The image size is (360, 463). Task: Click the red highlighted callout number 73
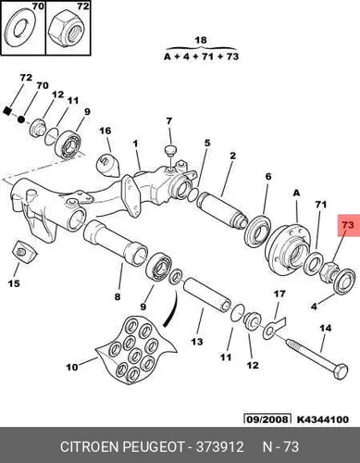348,225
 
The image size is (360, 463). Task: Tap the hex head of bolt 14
341,371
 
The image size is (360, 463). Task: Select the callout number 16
106,131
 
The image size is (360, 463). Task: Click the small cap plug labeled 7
170,150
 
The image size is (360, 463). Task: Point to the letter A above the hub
296,194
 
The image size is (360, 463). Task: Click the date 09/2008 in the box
267,419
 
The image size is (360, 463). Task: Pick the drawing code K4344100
323,419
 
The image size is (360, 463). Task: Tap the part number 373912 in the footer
220,447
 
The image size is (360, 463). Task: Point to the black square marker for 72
8,110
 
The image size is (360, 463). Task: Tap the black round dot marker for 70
21,119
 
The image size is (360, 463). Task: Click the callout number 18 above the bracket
201,40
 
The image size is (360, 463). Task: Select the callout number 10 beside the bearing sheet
72,368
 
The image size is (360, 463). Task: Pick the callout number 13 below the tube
197,342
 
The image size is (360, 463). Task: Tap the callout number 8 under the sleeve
118,297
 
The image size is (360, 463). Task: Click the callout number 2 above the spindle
233,156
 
